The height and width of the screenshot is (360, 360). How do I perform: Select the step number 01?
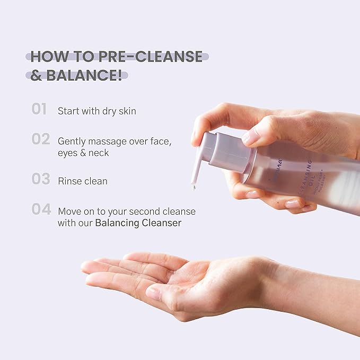click(39, 109)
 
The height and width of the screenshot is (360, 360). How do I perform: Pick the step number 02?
click(40, 139)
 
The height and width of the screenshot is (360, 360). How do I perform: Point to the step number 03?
click(40, 179)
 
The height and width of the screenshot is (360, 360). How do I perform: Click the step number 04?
click(41, 209)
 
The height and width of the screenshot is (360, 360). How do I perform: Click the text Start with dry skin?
click(97, 111)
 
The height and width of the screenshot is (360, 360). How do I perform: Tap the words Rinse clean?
click(83, 181)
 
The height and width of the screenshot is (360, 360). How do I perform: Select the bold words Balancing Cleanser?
click(138, 223)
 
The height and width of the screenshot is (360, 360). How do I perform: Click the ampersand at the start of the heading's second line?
click(37, 75)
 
